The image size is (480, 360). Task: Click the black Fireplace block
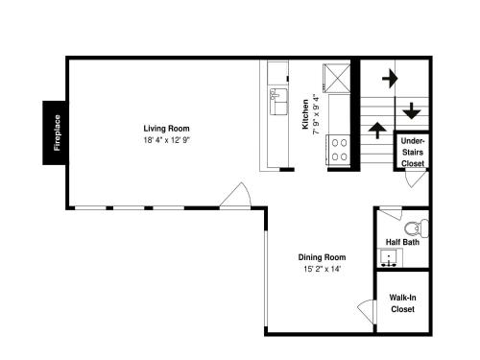click(56, 132)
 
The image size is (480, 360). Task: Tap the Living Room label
click(166, 129)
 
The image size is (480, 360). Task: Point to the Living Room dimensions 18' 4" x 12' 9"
click(167, 140)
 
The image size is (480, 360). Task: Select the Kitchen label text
click(305, 114)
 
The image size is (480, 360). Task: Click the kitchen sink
click(278, 102)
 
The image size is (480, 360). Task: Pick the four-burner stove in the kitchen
click(339, 150)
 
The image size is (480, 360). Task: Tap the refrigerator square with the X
click(337, 79)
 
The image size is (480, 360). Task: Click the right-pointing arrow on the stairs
click(390, 79)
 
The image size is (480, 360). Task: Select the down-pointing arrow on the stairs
click(411, 110)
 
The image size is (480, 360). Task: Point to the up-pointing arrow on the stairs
click(377, 131)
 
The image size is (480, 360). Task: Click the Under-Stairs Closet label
click(413, 153)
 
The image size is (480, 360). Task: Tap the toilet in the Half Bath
click(417, 228)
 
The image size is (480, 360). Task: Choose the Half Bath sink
click(389, 257)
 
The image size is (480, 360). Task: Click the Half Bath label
click(402, 242)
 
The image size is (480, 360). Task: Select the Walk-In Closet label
click(402, 303)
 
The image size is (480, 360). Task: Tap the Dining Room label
click(322, 257)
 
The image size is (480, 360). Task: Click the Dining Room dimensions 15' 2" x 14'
click(322, 269)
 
